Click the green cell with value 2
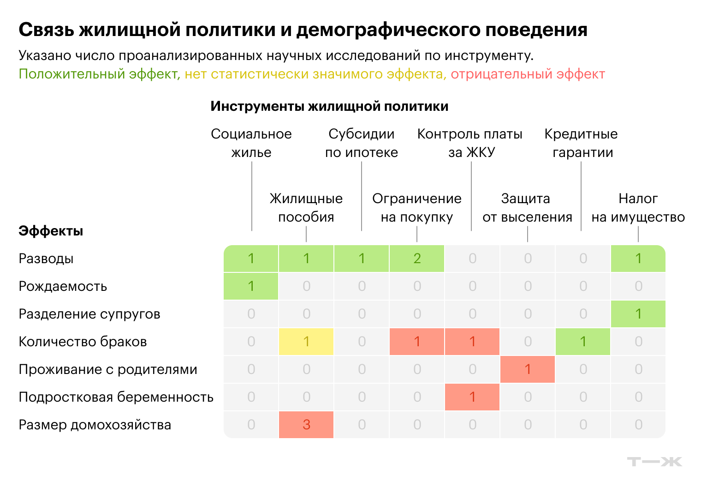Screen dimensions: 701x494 [416, 259]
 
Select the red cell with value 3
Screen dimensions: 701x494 [306, 425]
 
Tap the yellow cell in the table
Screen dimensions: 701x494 [306, 342]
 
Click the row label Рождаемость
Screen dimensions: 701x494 [63, 286]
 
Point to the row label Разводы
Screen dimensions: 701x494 [46, 259]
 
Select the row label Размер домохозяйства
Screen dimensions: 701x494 [95, 425]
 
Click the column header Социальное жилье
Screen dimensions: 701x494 [251, 143]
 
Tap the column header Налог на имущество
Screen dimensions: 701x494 [638, 208]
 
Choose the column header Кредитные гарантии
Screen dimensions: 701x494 [581, 143]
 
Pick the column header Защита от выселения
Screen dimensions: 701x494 [527, 208]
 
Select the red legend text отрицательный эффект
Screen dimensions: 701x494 [528, 74]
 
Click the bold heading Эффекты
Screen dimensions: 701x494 [51, 231]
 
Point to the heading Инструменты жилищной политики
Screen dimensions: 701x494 [329, 107]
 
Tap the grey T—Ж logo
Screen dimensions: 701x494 [655, 462]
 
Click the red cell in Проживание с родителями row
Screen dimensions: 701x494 [527, 369]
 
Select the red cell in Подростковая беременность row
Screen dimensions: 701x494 [472, 397]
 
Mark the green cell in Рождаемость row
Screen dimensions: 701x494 [251, 286]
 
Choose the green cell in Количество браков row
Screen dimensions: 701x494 [583, 342]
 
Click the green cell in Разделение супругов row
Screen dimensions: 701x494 [638, 314]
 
